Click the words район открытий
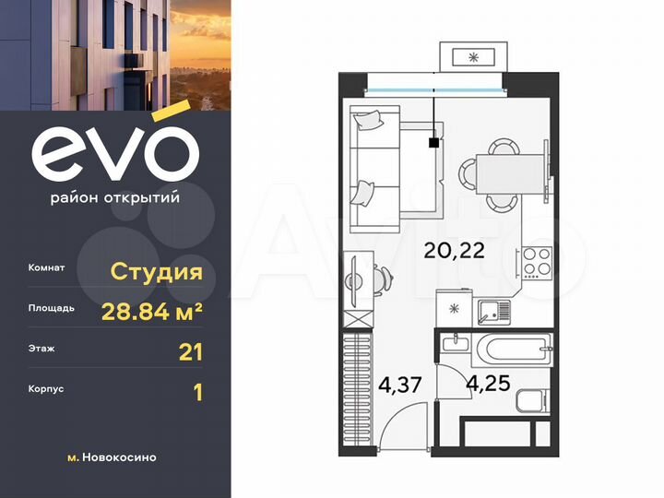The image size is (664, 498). [x=114, y=196]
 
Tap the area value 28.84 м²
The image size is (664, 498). [x=151, y=312]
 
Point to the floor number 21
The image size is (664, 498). [x=190, y=351]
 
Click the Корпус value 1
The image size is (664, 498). [x=196, y=392]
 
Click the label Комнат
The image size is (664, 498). [x=47, y=269]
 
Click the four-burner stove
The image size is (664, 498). [x=536, y=263]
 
